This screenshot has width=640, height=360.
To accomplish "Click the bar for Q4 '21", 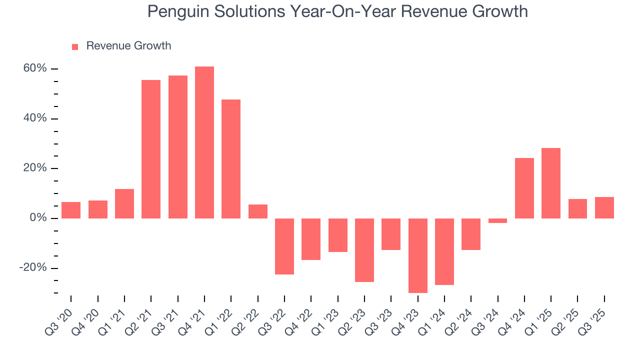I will [204, 142].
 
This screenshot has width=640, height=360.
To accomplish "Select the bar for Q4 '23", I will [417, 255].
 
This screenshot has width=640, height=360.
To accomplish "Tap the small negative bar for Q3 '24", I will [497, 220].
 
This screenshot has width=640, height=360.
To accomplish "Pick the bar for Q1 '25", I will [550, 183].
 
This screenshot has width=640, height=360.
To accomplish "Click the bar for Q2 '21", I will [151, 149].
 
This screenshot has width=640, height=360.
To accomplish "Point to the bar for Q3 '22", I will [284, 246].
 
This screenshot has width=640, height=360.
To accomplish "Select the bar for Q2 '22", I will [257, 211].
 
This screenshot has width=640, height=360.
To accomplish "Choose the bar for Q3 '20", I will [71, 210].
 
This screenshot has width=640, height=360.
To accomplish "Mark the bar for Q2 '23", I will [364, 250].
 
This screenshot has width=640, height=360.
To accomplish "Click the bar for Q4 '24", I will [524, 188].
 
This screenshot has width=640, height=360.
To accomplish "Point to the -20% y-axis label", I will [33, 268].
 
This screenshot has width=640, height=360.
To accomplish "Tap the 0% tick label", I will [38, 218].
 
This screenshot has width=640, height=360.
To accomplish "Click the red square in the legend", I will [75, 46].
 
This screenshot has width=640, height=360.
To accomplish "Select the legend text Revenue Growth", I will [128, 46].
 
